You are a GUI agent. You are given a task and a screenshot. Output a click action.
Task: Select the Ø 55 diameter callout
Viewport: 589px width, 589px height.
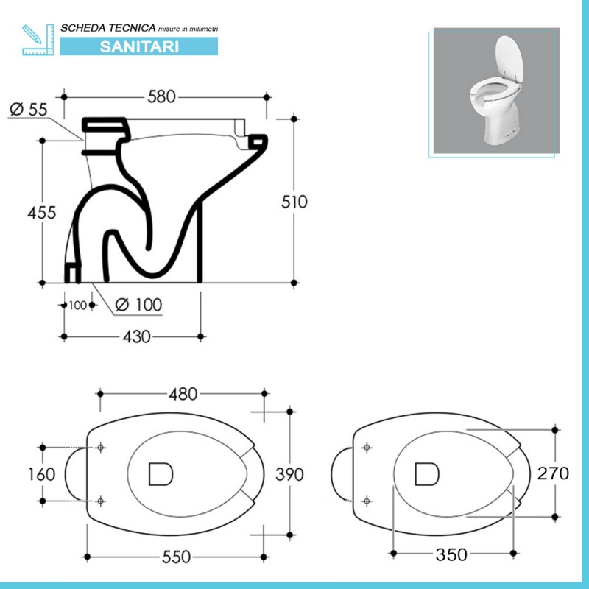(x=29, y=109)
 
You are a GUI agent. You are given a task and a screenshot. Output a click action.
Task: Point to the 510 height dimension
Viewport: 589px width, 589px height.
(x=294, y=202)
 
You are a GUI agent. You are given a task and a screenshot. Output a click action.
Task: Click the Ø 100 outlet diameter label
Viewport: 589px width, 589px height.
(x=139, y=304)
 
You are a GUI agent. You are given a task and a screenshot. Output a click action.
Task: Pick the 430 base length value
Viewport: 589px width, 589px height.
(x=136, y=336)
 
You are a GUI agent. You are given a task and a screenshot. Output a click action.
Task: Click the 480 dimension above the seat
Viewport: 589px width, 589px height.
(x=182, y=394)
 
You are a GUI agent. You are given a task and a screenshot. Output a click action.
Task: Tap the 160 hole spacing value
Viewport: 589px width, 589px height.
(x=41, y=473)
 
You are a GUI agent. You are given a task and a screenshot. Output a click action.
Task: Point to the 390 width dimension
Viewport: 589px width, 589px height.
(x=289, y=474)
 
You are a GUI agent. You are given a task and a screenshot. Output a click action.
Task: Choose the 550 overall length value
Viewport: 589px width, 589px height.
(x=176, y=557)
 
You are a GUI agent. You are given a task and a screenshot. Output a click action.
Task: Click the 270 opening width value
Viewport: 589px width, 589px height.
(x=554, y=473)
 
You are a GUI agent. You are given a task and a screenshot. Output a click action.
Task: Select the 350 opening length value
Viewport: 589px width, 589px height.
(x=451, y=554)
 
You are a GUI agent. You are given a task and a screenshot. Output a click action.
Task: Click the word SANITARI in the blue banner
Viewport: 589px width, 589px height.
(x=138, y=46)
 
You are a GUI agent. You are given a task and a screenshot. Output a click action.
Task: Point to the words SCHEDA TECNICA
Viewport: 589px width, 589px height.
(x=108, y=27)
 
